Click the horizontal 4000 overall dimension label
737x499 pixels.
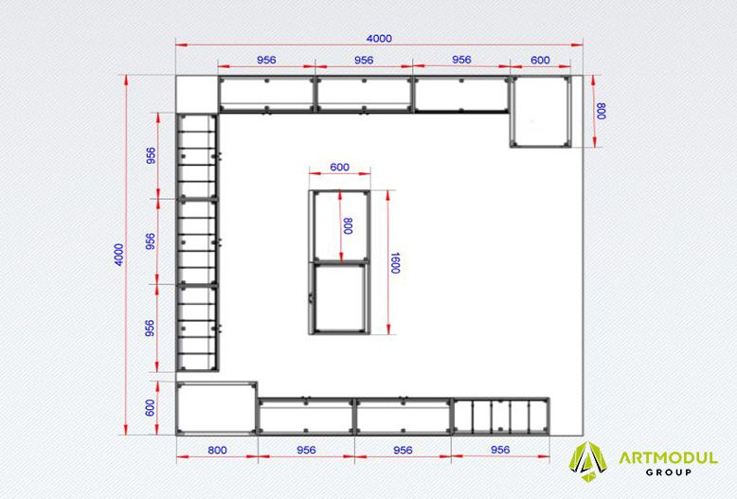[x=379, y=38]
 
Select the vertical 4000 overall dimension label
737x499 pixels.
[x=119, y=255]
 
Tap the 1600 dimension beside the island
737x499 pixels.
[x=395, y=263]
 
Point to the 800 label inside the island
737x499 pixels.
[x=348, y=226]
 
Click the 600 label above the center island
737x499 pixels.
[x=339, y=167]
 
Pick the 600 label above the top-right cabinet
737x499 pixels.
[x=540, y=60]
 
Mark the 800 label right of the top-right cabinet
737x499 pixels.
[x=601, y=111]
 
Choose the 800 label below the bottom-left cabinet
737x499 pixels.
[x=217, y=450]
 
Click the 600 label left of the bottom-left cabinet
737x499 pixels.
[x=150, y=407]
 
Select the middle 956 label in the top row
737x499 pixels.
[x=364, y=60]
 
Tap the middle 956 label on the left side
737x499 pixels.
[x=150, y=241]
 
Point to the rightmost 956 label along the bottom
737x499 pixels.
[x=500, y=450]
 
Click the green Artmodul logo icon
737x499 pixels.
[x=587, y=462]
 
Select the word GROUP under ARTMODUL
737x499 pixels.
[x=669, y=472]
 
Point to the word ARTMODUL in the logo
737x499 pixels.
[x=669, y=457]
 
